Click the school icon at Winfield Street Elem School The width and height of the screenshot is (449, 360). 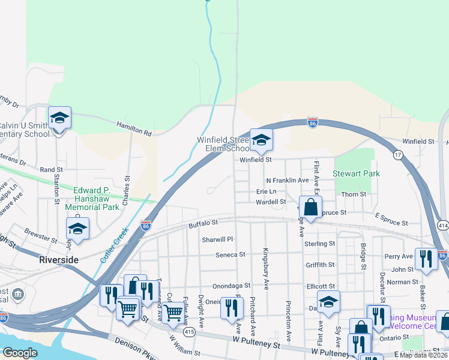pos(261,140)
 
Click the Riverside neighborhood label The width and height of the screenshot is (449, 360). pos(58,260)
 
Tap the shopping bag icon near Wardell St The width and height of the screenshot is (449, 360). pos(311,208)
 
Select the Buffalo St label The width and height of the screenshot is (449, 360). pos(202,224)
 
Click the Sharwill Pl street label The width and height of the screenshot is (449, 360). pos(217,239)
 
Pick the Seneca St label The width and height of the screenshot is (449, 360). pos(231,254)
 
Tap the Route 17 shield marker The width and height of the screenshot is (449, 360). pos(397,155)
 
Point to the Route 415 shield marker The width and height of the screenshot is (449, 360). pos(189,331)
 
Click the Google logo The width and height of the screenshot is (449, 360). pos(20,353)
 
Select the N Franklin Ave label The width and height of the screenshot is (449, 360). pos(287,180)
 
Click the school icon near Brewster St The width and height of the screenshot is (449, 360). pos(77,229)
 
